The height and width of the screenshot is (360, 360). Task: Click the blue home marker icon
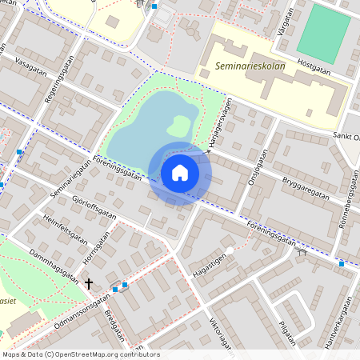[180, 172]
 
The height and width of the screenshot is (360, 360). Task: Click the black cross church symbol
[88, 283]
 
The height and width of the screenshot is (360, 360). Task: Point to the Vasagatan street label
[30, 70]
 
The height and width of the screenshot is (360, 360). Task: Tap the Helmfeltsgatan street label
[64, 230]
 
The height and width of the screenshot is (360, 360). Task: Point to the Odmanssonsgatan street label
[82, 312]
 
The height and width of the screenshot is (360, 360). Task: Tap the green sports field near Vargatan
[323, 34]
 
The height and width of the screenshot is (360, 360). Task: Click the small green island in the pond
[178, 126]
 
